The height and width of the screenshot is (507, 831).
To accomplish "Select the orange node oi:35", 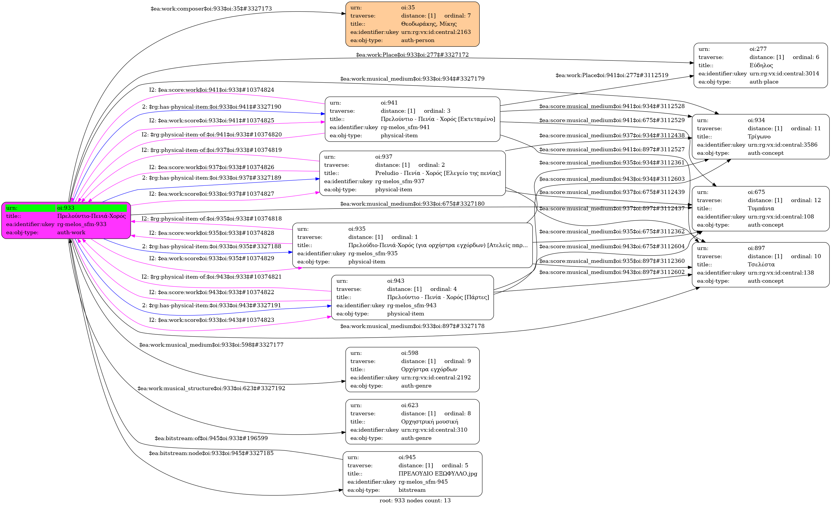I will [x=412, y=24].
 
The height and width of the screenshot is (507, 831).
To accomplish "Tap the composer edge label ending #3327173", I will [x=211, y=9].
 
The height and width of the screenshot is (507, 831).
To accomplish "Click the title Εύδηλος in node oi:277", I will [x=761, y=65].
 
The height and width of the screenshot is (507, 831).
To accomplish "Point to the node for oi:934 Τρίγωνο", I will [x=760, y=137].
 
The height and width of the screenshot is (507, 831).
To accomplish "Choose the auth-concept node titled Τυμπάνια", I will [x=760, y=209].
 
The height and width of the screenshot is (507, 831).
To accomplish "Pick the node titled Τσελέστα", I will [x=760, y=265].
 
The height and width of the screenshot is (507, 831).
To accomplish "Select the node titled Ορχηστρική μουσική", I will [x=412, y=422].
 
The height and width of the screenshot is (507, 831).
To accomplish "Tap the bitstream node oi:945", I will [x=412, y=474].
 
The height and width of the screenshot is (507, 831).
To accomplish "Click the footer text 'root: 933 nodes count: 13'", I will [x=415, y=501].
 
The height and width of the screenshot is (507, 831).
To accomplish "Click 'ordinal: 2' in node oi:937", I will [x=431, y=165].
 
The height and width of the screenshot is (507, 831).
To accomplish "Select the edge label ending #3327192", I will [x=211, y=388].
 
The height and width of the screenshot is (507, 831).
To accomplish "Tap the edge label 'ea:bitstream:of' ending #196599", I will [x=211, y=438].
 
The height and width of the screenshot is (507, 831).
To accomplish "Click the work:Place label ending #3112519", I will [x=612, y=75].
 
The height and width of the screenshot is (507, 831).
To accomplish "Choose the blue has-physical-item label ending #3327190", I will [x=212, y=107].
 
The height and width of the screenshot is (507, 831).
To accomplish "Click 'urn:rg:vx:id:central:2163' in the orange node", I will [x=436, y=32].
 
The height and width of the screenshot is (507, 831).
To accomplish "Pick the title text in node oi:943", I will [x=438, y=297].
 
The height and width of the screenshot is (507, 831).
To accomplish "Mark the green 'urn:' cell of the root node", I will [x=30, y=208].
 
